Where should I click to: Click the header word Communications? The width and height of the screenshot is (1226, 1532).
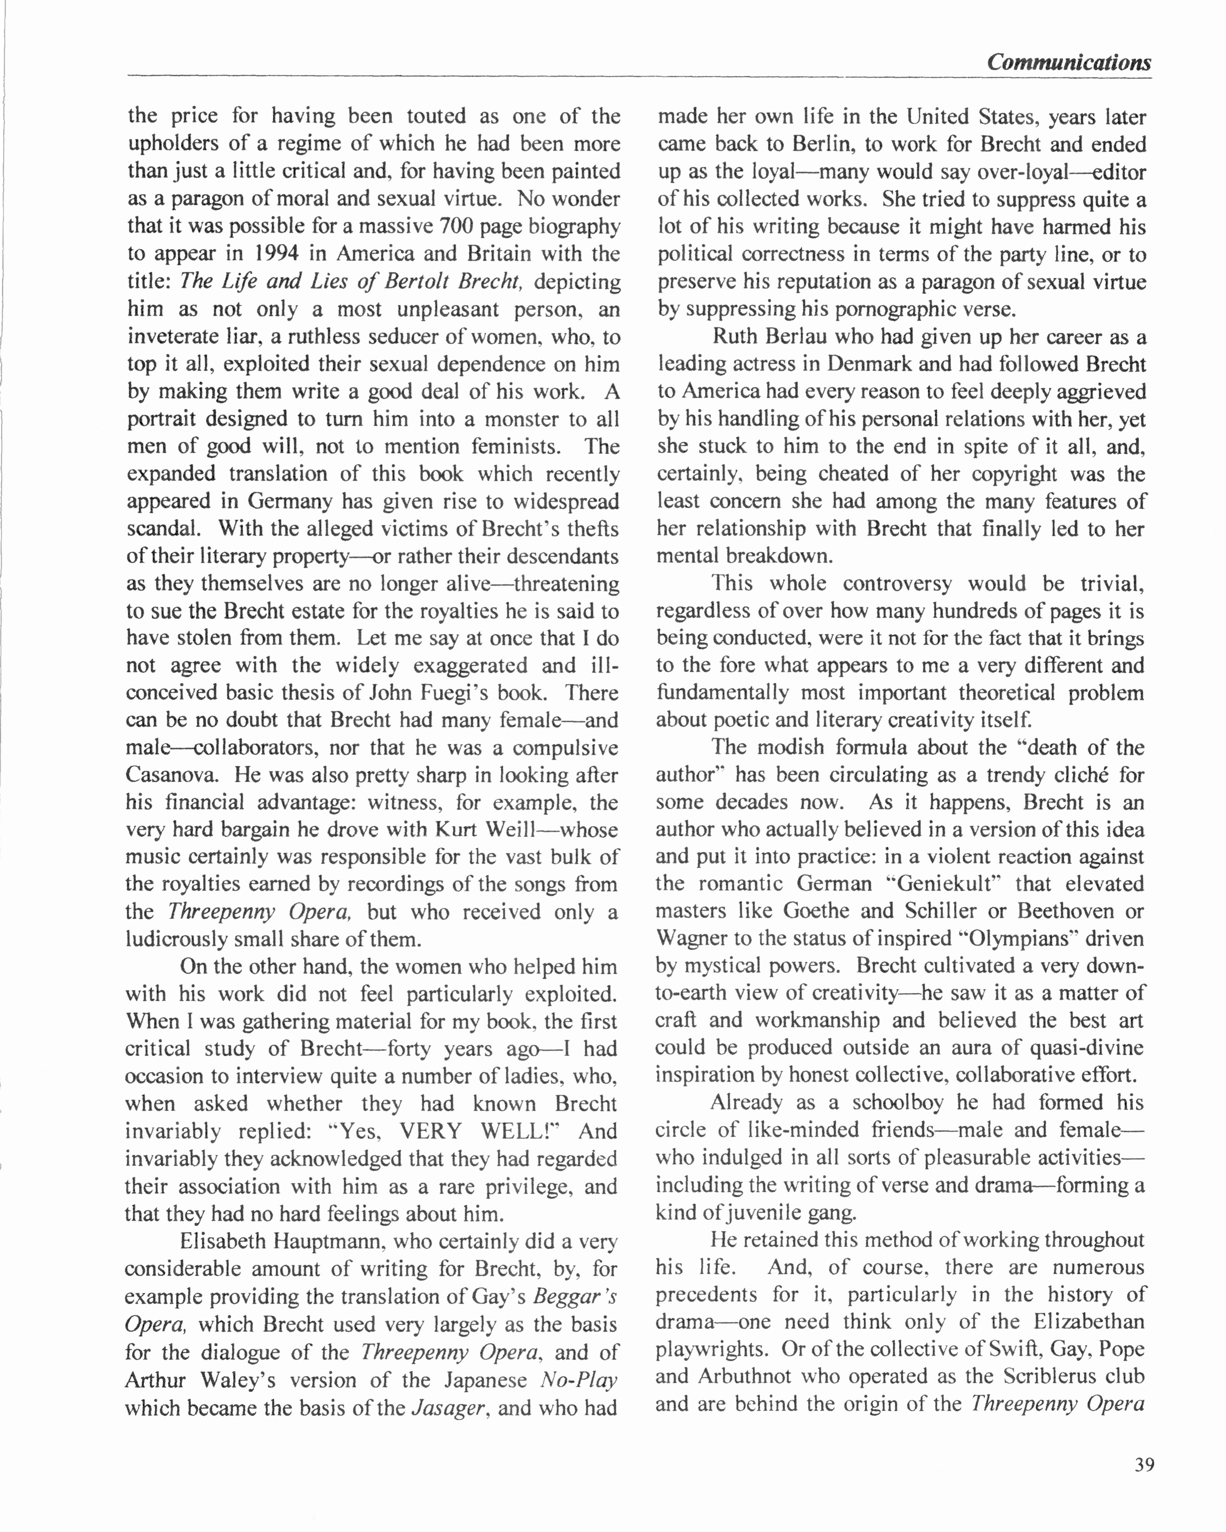(1069, 62)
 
